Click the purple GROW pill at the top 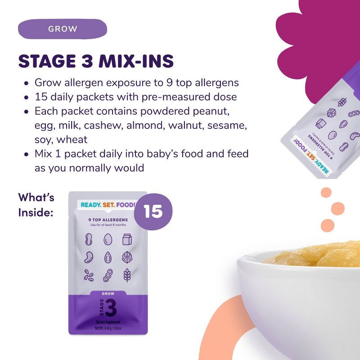(63, 29)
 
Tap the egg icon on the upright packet (108, 239)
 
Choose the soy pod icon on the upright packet (108, 274)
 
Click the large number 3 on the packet (110, 310)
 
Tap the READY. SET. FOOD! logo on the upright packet (108, 205)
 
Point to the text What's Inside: (36, 205)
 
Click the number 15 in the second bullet (41, 97)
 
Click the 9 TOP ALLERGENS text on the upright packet (108, 220)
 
